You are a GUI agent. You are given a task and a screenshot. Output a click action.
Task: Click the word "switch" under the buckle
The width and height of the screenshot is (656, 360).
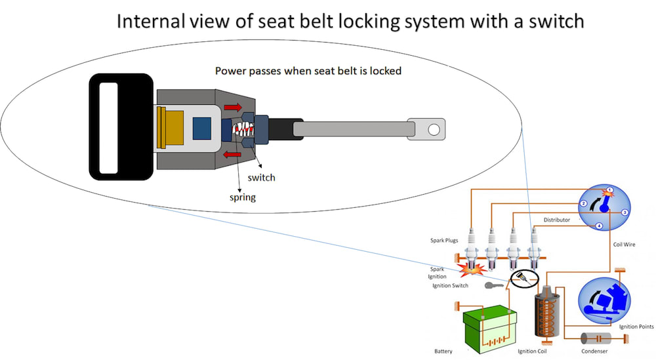[x=261, y=178]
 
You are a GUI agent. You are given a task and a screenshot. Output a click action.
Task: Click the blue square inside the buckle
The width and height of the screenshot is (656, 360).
[x=202, y=128]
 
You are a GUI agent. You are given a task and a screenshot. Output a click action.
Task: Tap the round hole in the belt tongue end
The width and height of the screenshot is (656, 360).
[x=433, y=129]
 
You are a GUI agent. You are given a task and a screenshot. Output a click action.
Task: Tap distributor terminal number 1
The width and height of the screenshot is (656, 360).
[x=609, y=190]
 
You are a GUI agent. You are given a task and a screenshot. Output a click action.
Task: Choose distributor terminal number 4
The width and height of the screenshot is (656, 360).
[x=599, y=226]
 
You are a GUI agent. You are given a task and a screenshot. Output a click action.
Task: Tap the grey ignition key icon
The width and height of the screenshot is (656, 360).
[x=494, y=286]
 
